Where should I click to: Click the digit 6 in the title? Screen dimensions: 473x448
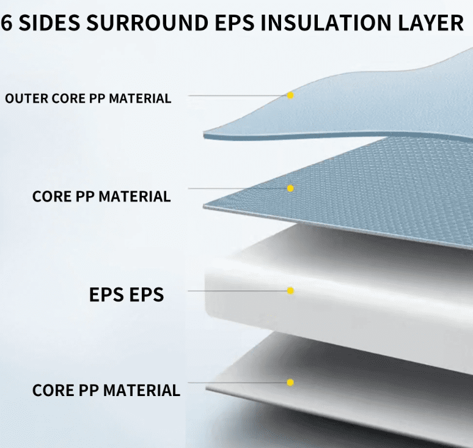pos(6,23)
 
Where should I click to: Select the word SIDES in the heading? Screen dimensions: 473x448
pos(50,23)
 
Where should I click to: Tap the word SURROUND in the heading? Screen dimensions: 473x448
pos(147,23)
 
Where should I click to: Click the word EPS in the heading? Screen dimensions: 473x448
pos(235,23)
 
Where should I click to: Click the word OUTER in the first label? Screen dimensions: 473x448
pos(26,98)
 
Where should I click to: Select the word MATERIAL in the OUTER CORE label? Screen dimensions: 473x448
pos(140,98)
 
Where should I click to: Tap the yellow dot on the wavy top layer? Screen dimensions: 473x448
pos(290,95)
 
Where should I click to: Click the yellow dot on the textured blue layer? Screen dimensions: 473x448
pos(290,188)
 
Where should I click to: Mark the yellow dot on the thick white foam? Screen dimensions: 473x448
pos(290,290)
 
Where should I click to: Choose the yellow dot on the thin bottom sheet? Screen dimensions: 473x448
pos(290,382)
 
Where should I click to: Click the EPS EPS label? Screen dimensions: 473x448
pos(127,295)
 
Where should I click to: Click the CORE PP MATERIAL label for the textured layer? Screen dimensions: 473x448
pos(101,196)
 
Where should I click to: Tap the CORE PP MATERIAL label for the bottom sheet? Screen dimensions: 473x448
pos(106,390)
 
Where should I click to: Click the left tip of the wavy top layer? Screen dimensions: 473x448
pos(204,134)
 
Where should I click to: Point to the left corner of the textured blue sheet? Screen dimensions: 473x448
pos(205,207)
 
